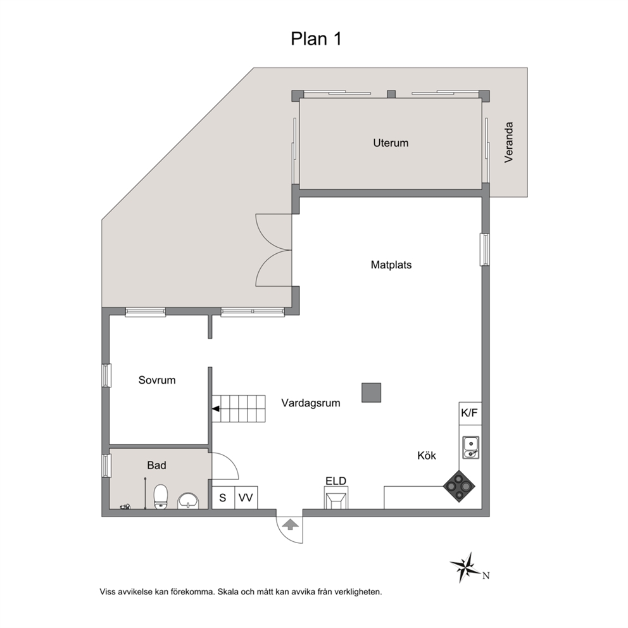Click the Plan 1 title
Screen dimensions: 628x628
tap(316, 39)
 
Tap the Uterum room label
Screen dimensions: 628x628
tap(391, 143)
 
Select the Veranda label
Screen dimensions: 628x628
tap(508, 142)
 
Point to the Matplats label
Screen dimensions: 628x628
tap(391, 265)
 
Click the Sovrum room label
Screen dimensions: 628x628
tap(157, 380)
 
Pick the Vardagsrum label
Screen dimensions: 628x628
tap(311, 403)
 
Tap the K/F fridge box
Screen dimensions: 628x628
tap(470, 413)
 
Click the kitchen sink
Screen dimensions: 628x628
tap(470, 448)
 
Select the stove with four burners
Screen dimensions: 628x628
tap(459, 486)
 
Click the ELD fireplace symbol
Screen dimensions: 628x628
tap(336, 498)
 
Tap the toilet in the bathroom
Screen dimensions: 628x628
tap(161, 497)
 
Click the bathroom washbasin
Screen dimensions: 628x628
tap(188, 501)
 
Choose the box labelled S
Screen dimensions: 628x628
tap(223, 498)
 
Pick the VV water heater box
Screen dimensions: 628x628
tap(246, 498)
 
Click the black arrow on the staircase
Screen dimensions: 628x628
tap(216, 409)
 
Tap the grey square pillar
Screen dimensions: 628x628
tap(371, 392)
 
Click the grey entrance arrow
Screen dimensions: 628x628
tap(289, 525)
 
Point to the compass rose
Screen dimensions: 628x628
tap(467, 567)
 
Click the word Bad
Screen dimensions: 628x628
tap(156, 465)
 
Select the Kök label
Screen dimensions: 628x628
tap(427, 455)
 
